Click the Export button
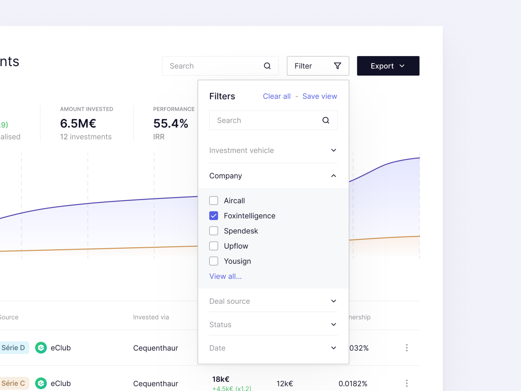(x=388, y=66)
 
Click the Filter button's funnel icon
(x=337, y=66)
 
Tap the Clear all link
(x=276, y=96)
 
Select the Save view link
(x=319, y=96)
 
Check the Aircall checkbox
(x=214, y=200)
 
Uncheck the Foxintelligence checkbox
(x=214, y=216)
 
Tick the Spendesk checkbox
(x=214, y=231)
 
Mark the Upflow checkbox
(x=214, y=246)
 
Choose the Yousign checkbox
(x=214, y=261)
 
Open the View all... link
(x=225, y=276)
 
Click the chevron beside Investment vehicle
(x=333, y=150)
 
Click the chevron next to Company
(x=333, y=176)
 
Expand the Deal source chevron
(x=333, y=301)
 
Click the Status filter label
(x=220, y=325)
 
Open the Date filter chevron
(x=333, y=348)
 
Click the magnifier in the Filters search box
(x=326, y=120)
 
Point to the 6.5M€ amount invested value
(x=78, y=123)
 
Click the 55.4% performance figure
(x=171, y=123)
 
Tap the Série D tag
(x=13, y=348)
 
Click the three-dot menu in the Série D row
(x=407, y=348)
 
